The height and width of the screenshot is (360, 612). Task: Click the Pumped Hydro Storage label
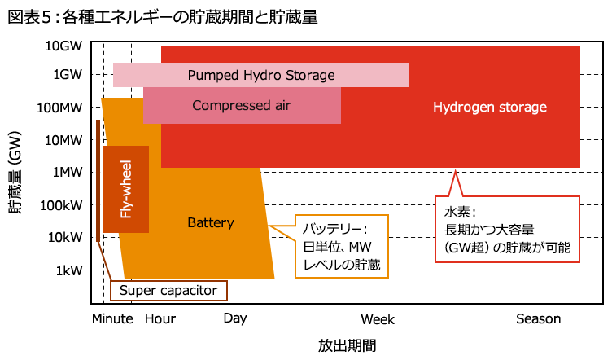(261, 76)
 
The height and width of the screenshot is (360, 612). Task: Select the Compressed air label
(241, 105)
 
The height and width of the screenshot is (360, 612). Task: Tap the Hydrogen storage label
(489, 107)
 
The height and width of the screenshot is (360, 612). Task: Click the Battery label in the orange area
(211, 222)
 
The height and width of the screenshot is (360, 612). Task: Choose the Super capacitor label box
(168, 290)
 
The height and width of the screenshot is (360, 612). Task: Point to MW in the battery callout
(363, 247)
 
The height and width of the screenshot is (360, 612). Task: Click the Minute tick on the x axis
(112, 318)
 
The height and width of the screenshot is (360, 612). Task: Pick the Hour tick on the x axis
(160, 318)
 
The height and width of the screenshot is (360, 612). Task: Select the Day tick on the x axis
(235, 318)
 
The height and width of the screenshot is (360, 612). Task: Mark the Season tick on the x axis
(539, 318)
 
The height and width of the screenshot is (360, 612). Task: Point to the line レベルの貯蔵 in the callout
(342, 265)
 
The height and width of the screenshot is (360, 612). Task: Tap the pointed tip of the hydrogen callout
(457, 170)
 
